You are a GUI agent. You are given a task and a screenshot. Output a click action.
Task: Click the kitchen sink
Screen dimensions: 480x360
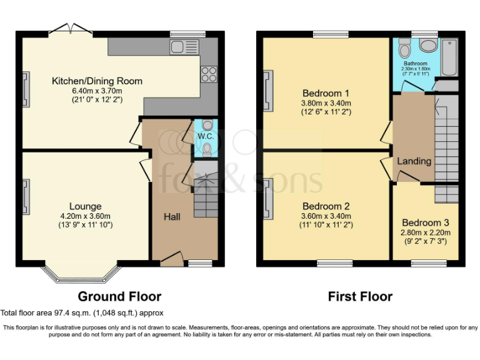tap(184, 47)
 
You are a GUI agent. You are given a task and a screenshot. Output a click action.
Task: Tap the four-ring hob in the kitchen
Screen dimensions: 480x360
tap(209, 74)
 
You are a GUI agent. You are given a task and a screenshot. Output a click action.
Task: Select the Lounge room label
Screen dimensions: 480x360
tap(86, 206)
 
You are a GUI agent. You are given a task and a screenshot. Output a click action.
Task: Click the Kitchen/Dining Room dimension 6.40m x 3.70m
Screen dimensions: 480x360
tap(97, 91)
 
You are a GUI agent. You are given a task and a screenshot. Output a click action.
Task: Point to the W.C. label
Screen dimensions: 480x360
tap(206, 136)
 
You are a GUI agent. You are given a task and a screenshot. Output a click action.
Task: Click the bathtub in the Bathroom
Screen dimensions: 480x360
tap(449, 57)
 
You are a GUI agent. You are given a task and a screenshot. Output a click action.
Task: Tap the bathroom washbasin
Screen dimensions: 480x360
tap(429, 45)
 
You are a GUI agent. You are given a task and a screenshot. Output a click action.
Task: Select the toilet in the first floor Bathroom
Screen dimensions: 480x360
tap(405, 48)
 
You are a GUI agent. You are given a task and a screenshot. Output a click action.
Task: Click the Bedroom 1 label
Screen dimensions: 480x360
tap(326, 93)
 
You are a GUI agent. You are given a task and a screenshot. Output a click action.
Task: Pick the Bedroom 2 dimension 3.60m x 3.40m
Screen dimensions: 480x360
tap(326, 216)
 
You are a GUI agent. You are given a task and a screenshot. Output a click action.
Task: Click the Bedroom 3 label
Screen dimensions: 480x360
tap(426, 222)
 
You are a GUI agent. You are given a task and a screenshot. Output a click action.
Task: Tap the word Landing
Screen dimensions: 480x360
tap(414, 161)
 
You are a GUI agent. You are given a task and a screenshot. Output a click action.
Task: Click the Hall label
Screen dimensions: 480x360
tap(172, 217)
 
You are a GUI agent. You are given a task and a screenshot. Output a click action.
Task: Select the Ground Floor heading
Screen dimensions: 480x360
tap(119, 297)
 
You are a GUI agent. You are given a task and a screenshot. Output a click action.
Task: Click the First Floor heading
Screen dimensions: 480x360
tap(360, 297)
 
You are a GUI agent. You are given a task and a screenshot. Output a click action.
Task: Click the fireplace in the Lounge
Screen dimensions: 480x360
tap(26, 197)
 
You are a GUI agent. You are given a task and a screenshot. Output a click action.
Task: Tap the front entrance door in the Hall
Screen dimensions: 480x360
tap(172, 259)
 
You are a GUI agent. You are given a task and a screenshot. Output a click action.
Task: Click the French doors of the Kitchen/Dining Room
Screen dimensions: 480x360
tap(71, 28)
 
